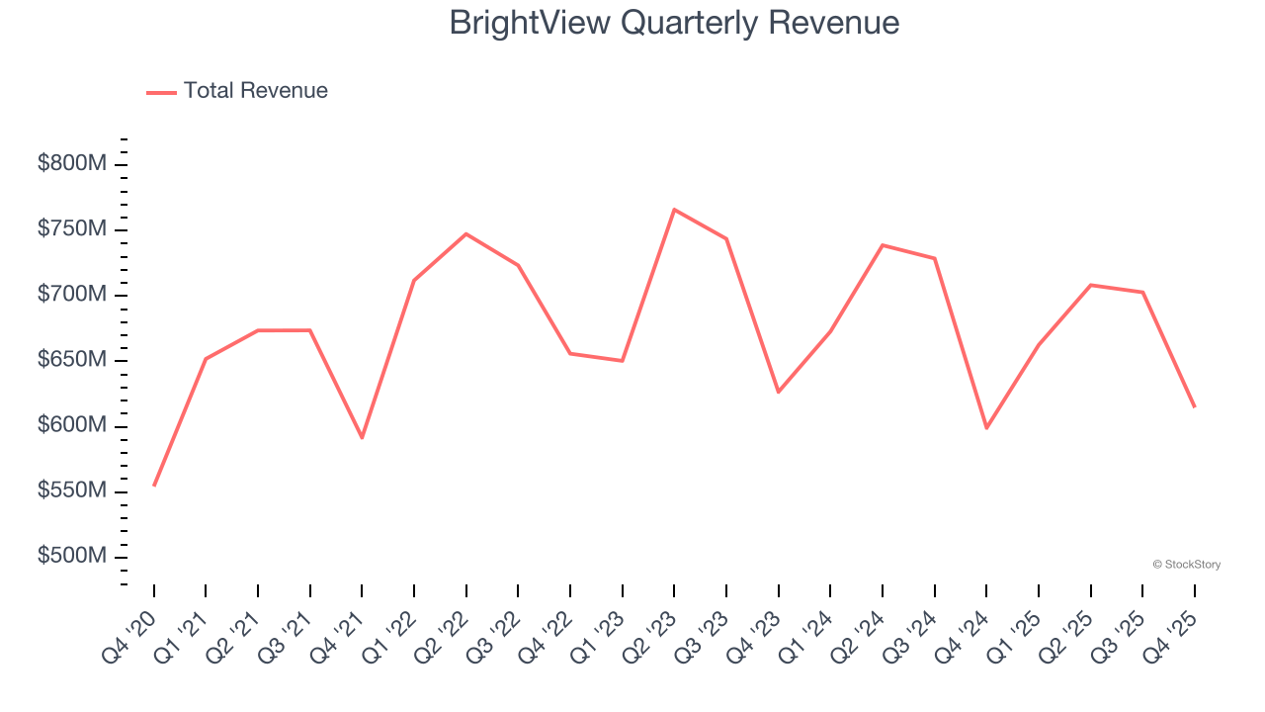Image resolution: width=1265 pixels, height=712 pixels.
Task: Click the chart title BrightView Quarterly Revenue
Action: pyautogui.click(x=674, y=23)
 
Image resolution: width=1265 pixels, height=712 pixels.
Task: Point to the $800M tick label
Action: pyautogui.click(x=71, y=164)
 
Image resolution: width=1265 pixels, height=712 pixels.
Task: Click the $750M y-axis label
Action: pyautogui.click(x=71, y=229)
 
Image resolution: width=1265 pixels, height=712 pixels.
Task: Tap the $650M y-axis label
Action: pyautogui.click(x=71, y=360)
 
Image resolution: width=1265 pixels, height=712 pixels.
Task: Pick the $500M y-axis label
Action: pyautogui.click(x=71, y=557)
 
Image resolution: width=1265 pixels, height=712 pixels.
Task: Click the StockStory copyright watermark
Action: pyautogui.click(x=1186, y=565)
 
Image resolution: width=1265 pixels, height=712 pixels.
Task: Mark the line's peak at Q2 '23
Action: pyautogui.click(x=674, y=210)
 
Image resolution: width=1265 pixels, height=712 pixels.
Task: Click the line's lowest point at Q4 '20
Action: pyautogui.click(x=154, y=486)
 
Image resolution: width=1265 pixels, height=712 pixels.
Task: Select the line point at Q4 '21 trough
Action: pyautogui.click(x=362, y=437)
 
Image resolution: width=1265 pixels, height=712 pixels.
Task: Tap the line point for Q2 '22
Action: pyautogui.click(x=465, y=234)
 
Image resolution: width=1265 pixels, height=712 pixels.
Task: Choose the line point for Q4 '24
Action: pyautogui.click(x=986, y=427)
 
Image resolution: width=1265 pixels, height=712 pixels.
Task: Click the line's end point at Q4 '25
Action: pyautogui.click(x=1194, y=406)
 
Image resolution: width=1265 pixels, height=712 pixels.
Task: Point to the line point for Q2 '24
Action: pyautogui.click(x=882, y=245)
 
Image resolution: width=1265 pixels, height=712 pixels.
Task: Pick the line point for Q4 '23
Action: pyautogui.click(x=778, y=392)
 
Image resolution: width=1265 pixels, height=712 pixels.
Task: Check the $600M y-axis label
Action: pyautogui.click(x=71, y=425)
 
